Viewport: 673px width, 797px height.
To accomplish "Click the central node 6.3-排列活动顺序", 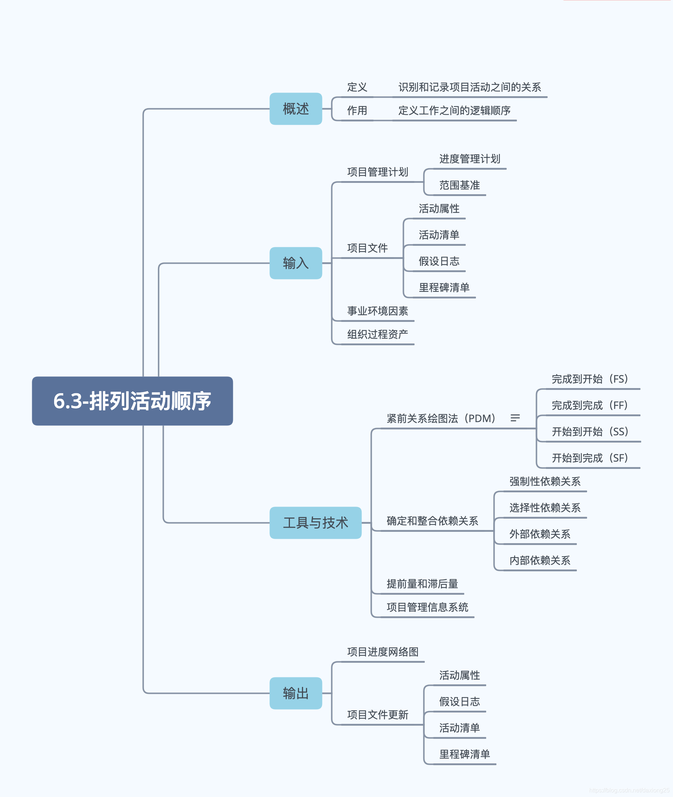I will click(x=132, y=401).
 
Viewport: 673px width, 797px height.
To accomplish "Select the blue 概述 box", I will click(x=296, y=109).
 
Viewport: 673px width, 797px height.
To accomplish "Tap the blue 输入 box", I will click(x=296, y=263).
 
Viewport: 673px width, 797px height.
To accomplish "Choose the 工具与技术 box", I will click(x=315, y=523).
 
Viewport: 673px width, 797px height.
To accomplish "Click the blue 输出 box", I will click(x=296, y=693).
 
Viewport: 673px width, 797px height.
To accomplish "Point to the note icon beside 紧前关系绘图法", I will click(x=515, y=418).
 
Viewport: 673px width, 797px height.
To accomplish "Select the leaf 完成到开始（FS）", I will click(x=589, y=379).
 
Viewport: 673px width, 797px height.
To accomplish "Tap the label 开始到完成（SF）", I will click(x=589, y=458).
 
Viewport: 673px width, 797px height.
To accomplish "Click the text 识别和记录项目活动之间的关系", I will click(x=470, y=87).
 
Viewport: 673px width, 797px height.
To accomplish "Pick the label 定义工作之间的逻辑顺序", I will click(x=454, y=111).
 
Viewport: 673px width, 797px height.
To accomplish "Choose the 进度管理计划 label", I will click(x=470, y=159).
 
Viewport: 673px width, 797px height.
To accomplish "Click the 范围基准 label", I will click(x=460, y=185).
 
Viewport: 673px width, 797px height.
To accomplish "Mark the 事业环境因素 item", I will click(x=377, y=311).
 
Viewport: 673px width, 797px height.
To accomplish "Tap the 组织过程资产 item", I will click(x=377, y=334).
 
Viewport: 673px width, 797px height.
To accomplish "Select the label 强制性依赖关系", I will click(x=545, y=481).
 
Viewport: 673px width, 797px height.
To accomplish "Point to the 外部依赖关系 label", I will click(x=540, y=534).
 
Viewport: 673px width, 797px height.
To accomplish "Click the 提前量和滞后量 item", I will click(x=422, y=584).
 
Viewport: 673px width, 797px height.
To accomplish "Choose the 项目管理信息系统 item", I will click(x=427, y=607).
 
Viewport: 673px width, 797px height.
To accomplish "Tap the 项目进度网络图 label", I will click(x=383, y=652).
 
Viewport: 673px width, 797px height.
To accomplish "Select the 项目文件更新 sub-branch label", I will click(x=377, y=715).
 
